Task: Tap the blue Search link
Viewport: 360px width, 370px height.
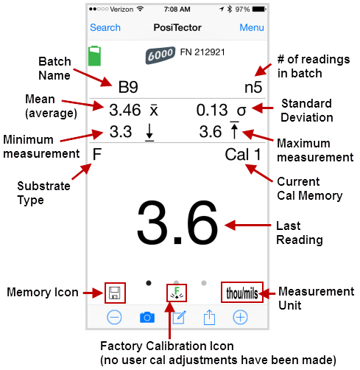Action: coord(105,27)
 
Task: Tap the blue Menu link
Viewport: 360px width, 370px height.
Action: coord(252,27)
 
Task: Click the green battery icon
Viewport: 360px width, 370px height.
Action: coord(94,56)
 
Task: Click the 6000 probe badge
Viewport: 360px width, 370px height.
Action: coord(160,55)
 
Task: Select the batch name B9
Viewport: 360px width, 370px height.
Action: coord(128,87)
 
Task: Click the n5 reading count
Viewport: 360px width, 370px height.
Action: coord(253,87)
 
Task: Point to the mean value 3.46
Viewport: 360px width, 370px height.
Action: coord(125,110)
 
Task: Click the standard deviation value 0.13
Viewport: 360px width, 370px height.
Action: coord(212,110)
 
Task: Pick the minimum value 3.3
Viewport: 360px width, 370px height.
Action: coord(121,131)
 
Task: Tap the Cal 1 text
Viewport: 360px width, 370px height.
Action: coord(243,155)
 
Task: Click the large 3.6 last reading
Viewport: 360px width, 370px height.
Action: coord(177,223)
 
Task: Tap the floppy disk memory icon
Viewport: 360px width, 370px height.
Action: coord(115,293)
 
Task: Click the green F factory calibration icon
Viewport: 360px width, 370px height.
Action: coord(177,293)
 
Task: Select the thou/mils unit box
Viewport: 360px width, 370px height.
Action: coord(242,292)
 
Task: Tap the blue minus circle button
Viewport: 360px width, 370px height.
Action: coord(114,317)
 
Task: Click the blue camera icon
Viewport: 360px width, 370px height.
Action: coord(147,317)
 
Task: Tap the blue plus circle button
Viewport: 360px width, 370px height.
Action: coord(240,317)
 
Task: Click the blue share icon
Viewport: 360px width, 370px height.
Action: coord(209,317)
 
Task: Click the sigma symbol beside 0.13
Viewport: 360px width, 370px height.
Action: coord(241,111)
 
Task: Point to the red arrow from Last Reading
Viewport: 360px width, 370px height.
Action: coord(247,225)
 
